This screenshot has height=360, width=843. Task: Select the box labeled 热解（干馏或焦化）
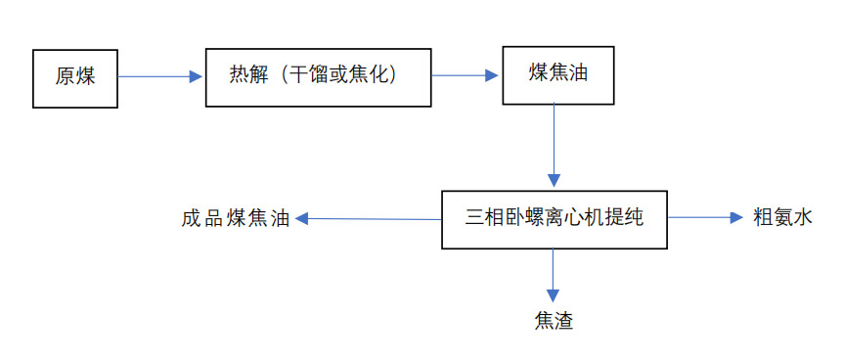pyautogui.click(x=319, y=75)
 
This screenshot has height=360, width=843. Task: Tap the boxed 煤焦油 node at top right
pyautogui.click(x=559, y=73)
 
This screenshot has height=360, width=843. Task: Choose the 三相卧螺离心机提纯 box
pyautogui.click(x=554, y=217)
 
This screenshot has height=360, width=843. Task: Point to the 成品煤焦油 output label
pyautogui.click(x=236, y=218)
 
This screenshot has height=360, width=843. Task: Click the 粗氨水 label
pyautogui.click(x=782, y=217)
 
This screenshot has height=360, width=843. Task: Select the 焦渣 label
pyautogui.click(x=554, y=320)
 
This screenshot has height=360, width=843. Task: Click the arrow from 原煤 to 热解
pyautogui.click(x=160, y=75)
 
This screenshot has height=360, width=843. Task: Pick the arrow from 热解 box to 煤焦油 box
pyautogui.click(x=466, y=74)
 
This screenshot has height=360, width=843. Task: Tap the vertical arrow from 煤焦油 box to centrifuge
pyautogui.click(x=555, y=145)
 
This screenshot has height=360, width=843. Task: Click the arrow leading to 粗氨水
pyautogui.click(x=705, y=217)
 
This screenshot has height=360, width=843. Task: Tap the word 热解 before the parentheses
pyautogui.click(x=247, y=75)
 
